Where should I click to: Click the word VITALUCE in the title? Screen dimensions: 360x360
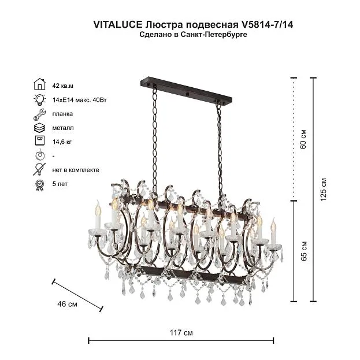tap(118, 25)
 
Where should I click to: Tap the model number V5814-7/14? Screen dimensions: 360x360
tap(266, 25)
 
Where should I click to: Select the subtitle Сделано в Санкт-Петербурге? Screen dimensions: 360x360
tap(194, 35)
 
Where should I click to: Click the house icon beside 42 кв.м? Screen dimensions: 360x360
tap(40, 84)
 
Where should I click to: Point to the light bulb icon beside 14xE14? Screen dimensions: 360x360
tap(40, 99)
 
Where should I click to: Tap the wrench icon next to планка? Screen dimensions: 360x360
tap(40, 114)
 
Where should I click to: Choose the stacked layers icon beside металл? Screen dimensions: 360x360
tap(39, 128)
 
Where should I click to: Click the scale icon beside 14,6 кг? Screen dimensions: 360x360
tap(40, 140)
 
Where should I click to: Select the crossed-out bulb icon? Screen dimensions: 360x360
tap(39, 169)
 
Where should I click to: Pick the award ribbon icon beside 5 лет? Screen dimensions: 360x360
tap(40, 185)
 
